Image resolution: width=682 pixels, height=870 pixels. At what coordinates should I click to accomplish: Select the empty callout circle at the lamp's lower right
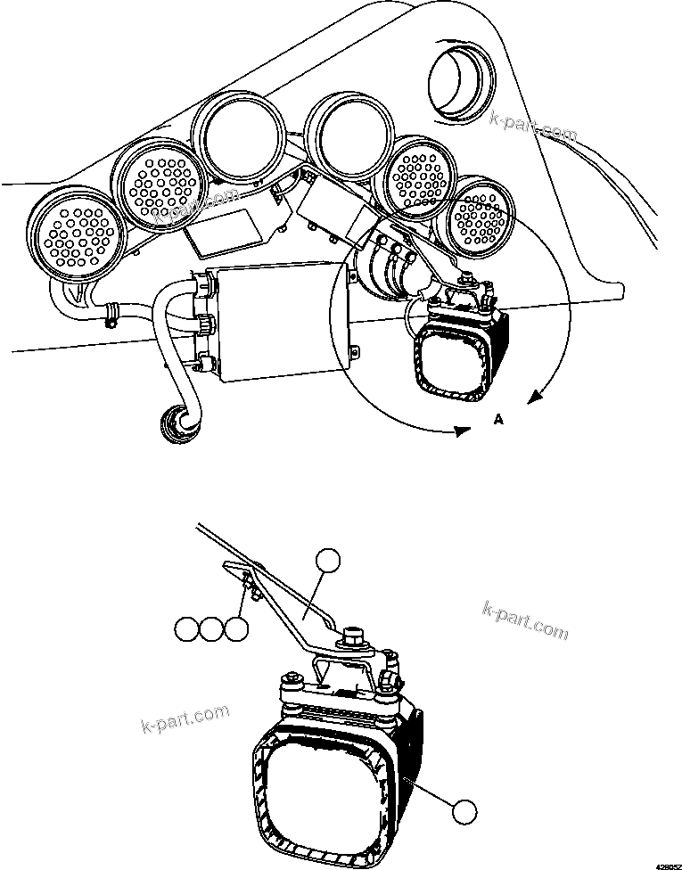[x=462, y=812]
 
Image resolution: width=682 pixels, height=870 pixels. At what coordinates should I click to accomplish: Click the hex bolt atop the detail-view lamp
[x=349, y=636]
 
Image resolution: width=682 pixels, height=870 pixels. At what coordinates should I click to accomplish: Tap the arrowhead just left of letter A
[x=462, y=431]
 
